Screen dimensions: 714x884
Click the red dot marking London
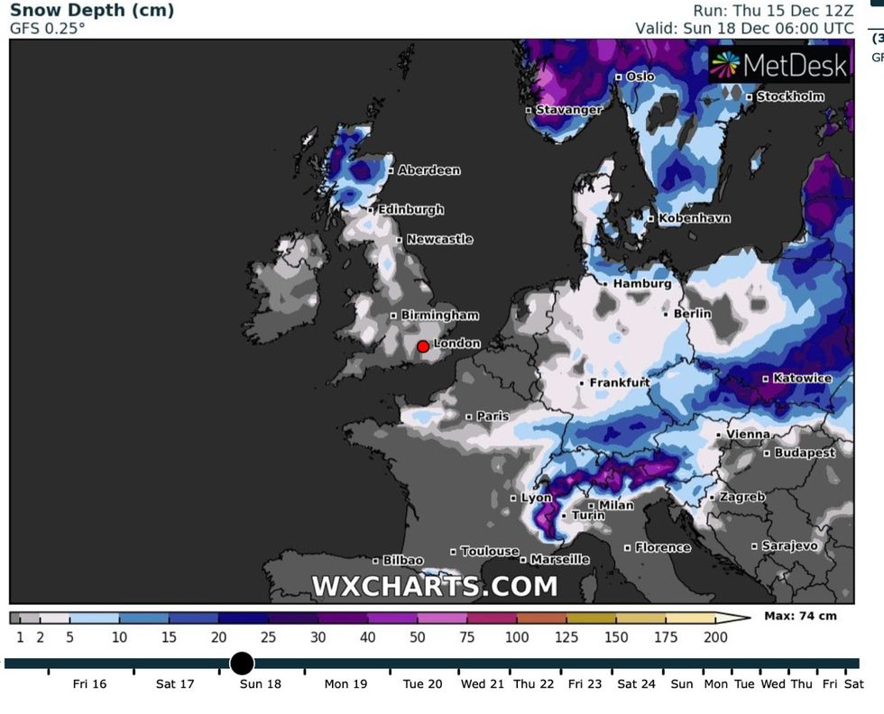pos(423,346)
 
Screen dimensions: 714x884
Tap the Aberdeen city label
pos(428,169)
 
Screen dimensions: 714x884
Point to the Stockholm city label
pos(790,96)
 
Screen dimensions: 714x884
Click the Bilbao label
pos(403,561)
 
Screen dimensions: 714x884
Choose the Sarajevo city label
pos(789,545)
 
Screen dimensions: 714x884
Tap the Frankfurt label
pos(620,382)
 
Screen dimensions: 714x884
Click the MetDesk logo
pos(780,64)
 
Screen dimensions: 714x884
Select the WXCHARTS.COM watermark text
pos(435,587)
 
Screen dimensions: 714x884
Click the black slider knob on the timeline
pos(242,664)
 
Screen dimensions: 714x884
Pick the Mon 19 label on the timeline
pos(346,684)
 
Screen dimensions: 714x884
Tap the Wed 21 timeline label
pos(482,684)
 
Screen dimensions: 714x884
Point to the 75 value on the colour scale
pos(467,637)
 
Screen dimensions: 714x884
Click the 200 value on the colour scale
pos(716,637)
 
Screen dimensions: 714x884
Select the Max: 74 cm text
pos(800,617)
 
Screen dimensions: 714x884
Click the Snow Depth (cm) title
pos(92,11)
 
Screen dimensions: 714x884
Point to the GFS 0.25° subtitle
pos(48,29)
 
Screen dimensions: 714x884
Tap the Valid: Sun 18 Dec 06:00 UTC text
pos(744,28)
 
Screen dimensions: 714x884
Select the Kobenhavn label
pos(694,218)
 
